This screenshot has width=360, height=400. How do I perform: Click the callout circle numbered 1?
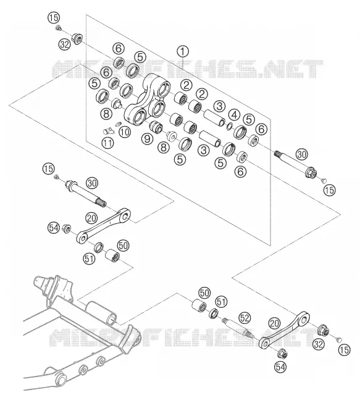(183, 52)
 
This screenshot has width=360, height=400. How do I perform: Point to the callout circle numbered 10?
(125, 132)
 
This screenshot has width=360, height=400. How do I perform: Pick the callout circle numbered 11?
(107, 143)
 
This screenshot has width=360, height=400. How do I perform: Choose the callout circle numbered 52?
(245, 318)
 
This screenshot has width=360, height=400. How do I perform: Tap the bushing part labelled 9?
(156, 127)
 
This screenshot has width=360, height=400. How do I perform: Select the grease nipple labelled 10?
(118, 124)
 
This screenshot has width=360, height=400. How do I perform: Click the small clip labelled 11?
(107, 131)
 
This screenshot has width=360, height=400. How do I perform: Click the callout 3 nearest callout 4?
(220, 106)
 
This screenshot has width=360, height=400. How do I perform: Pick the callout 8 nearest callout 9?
(164, 147)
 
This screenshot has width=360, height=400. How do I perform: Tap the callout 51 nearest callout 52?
(221, 302)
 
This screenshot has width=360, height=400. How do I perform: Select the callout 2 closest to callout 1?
(186, 85)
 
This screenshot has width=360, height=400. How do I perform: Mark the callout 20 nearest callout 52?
(274, 323)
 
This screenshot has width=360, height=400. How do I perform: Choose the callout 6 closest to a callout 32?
(119, 48)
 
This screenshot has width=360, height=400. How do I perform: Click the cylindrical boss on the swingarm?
(101, 313)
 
